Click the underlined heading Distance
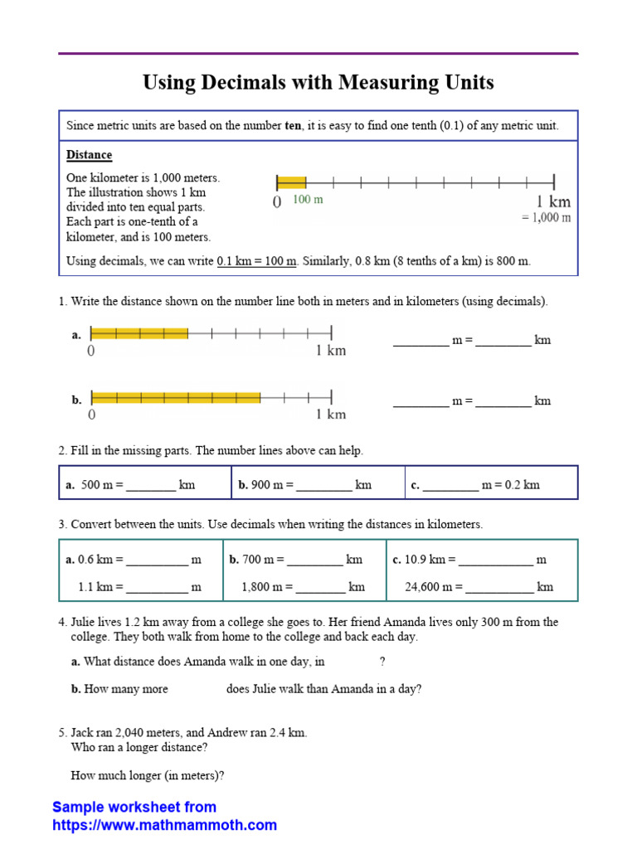[x=89, y=155]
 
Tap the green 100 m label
[x=308, y=201]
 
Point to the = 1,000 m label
[x=546, y=217]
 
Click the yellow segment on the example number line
[x=291, y=182]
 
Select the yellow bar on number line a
[x=139, y=333]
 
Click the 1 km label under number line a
[x=331, y=351]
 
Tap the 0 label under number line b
[x=91, y=415]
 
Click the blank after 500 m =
[x=151, y=486]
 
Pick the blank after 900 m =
[x=323, y=486]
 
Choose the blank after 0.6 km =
[x=158, y=560]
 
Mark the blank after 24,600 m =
[x=500, y=588]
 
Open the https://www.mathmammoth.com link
[x=164, y=825]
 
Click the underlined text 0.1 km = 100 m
[x=256, y=261]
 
